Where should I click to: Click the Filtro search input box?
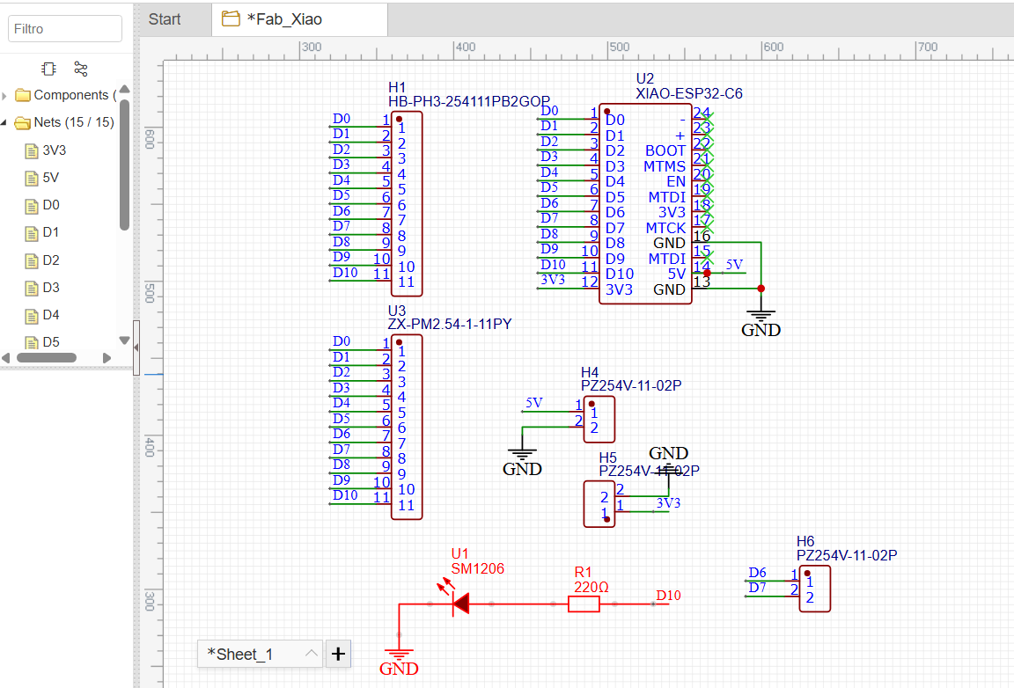click(65, 28)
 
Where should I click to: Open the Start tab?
click(165, 18)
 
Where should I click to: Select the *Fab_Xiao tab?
click(283, 18)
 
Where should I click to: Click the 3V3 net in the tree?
click(54, 150)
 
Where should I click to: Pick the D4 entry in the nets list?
click(51, 315)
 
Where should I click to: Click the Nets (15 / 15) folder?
click(73, 122)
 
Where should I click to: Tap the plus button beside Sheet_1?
click(339, 654)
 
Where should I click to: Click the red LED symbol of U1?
click(459, 604)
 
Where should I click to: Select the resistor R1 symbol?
click(584, 604)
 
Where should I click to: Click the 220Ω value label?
click(591, 587)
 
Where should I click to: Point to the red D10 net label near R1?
click(668, 596)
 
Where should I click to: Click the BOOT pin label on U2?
click(665, 150)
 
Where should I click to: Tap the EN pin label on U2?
click(675, 181)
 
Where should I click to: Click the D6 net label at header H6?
click(757, 573)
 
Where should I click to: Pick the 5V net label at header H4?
click(533, 403)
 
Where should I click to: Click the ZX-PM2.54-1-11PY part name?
click(449, 325)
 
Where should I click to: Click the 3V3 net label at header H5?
click(668, 503)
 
